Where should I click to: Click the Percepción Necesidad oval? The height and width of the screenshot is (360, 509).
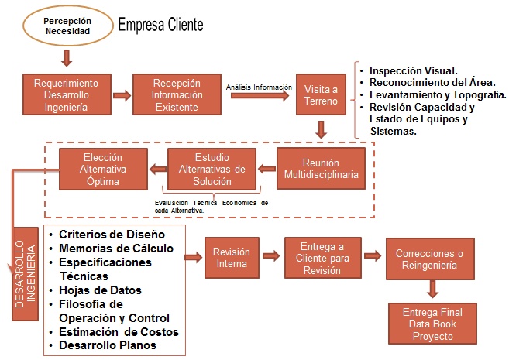pyautogui.click(x=67, y=26)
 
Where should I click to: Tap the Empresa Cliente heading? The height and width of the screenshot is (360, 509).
pyautogui.click(x=160, y=25)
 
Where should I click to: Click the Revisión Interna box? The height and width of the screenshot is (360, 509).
pyautogui.click(x=232, y=257)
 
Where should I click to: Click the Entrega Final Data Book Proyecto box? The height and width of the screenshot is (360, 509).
pyautogui.click(x=428, y=324)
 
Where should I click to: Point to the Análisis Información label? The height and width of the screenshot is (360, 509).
pyautogui.click(x=259, y=87)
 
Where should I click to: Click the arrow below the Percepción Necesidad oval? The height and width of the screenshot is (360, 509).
pyautogui.click(x=67, y=57)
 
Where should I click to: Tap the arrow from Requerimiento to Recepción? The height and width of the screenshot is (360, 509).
pyautogui.click(x=121, y=96)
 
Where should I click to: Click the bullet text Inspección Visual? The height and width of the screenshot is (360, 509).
pyautogui.click(x=413, y=69)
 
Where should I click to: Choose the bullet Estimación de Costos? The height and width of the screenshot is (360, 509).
pyautogui.click(x=119, y=332)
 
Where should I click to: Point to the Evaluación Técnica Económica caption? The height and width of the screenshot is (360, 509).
pyautogui.click(x=212, y=206)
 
